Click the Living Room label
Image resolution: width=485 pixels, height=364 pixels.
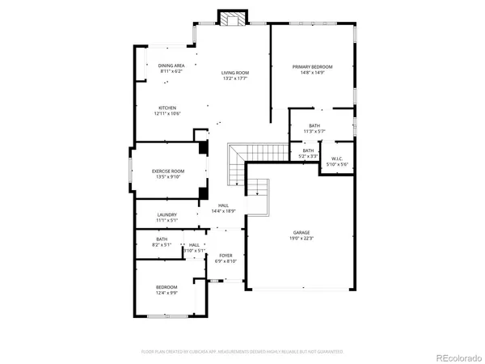[x=235, y=73]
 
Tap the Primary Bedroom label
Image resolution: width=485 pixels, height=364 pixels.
[x=312, y=66]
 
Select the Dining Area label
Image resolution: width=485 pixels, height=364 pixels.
[x=171, y=66]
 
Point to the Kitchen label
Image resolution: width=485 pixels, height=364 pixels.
[x=167, y=108]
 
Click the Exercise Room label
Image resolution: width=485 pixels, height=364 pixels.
[x=168, y=171]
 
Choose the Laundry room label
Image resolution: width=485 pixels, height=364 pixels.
[x=168, y=214]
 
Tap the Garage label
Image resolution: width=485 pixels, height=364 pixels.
[x=302, y=232]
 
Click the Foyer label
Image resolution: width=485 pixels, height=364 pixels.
[x=225, y=255]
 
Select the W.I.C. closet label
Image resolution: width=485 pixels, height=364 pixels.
[x=337, y=159]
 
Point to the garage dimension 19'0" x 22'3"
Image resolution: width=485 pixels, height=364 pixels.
[x=302, y=238]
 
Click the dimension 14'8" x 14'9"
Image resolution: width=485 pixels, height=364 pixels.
[x=312, y=73]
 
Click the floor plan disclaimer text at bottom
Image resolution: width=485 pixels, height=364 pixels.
[x=242, y=352]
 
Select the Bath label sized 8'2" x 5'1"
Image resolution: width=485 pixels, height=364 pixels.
[x=162, y=240]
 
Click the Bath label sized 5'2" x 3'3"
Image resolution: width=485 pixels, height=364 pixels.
[x=308, y=152]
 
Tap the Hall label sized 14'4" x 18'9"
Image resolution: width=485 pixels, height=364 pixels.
[x=223, y=205]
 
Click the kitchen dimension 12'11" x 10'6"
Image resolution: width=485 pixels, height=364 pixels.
[x=167, y=113]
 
